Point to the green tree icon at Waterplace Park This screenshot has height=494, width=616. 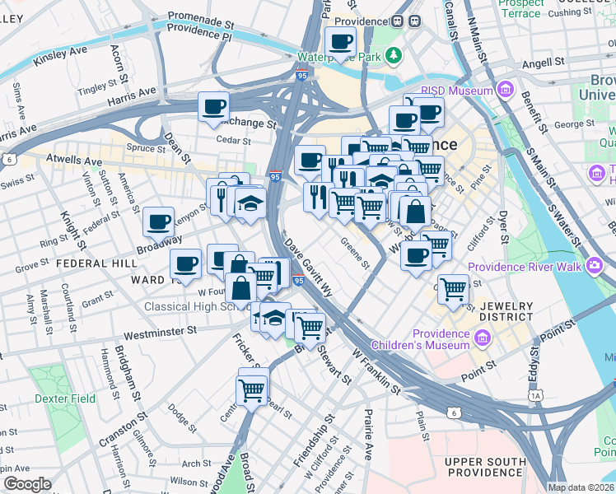(394, 55)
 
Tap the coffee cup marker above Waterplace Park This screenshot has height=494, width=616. (340, 41)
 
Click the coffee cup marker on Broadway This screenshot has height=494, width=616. (158, 221)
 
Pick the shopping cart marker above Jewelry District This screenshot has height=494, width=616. (453, 289)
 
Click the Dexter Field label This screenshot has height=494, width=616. (65, 398)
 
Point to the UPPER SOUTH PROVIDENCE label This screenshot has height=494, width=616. (486, 468)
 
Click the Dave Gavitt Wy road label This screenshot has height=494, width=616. (310, 268)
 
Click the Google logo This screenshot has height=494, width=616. (27, 484)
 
